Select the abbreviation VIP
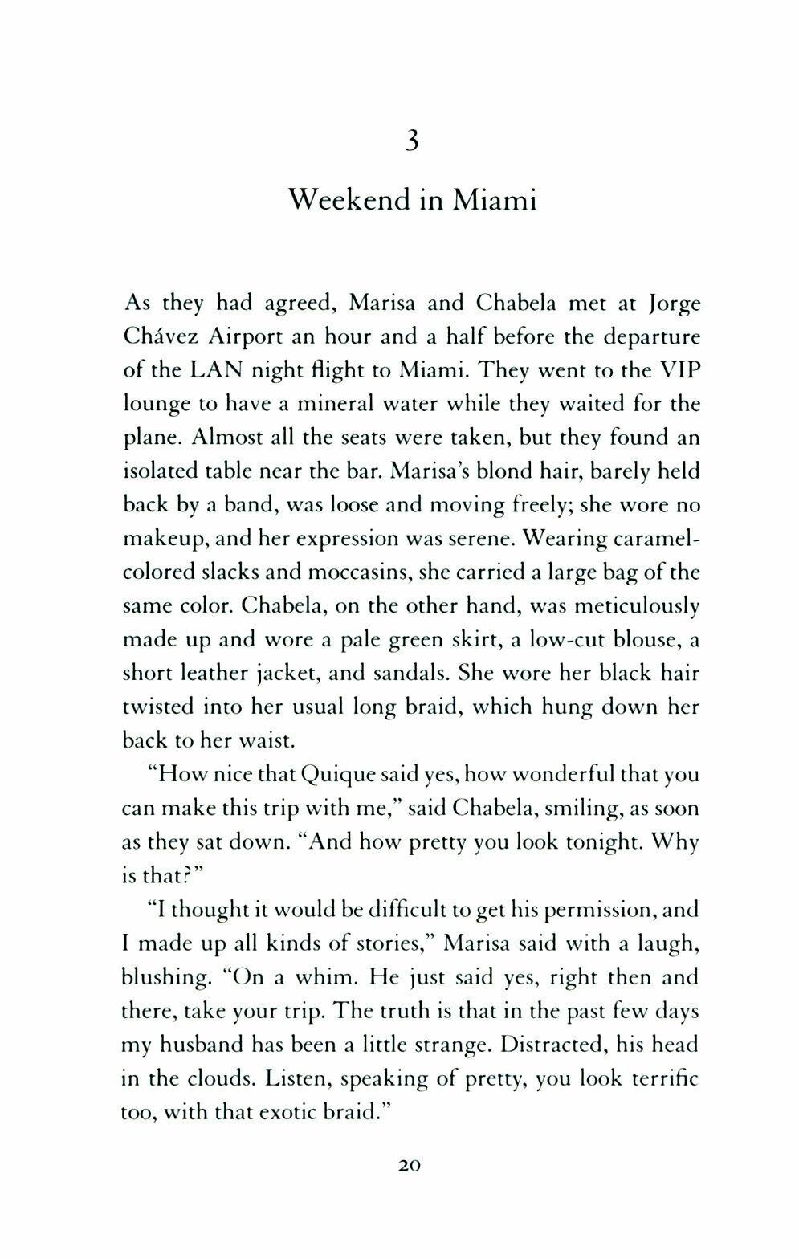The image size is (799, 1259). [675, 371]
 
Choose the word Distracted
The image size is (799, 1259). [555, 1044]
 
